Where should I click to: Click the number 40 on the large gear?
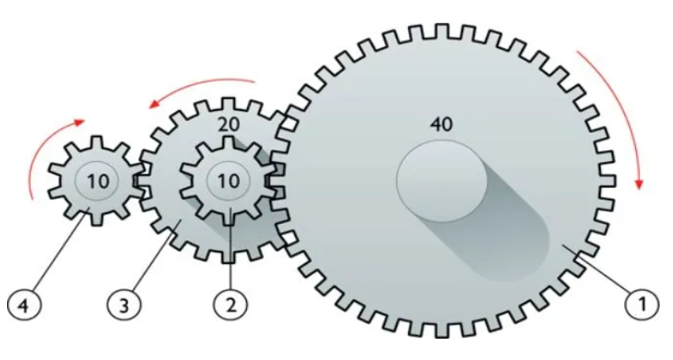coord(441,124)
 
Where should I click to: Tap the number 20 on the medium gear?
coord(228,124)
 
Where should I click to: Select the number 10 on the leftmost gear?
coord(98,182)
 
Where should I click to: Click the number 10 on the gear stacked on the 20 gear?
coord(229,182)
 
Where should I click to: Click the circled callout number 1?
coord(642,304)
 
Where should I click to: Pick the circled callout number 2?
coord(231,305)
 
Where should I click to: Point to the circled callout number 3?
coord(123,306)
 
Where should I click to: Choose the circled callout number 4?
coord(24,306)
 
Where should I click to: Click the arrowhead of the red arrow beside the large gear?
coord(639,183)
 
